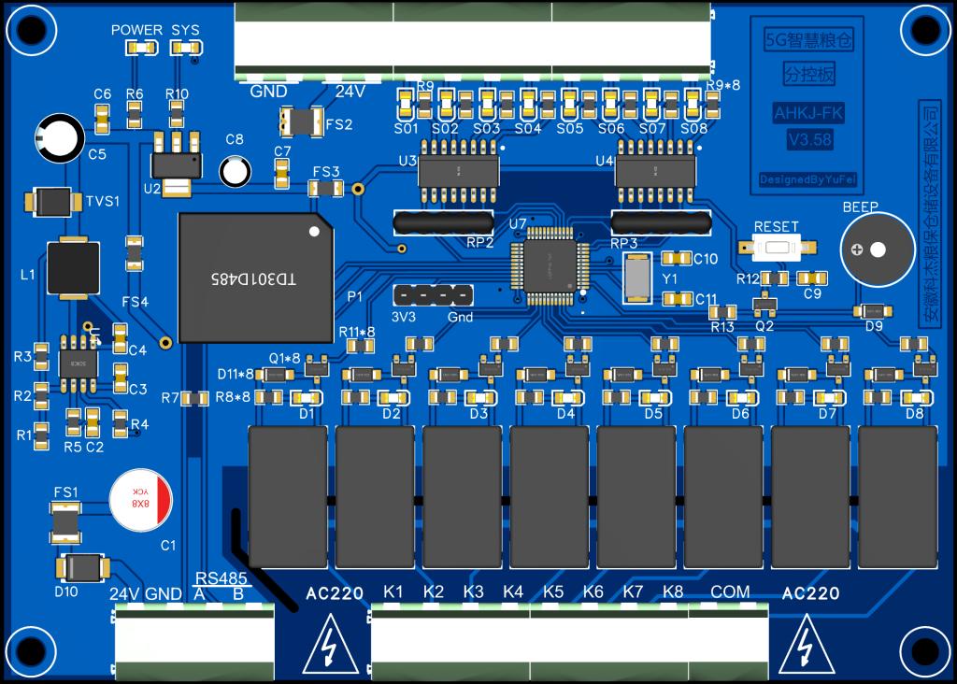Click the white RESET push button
coord(776,249)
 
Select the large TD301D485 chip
coord(255,278)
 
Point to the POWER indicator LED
coord(137,47)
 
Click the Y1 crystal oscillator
coord(637,278)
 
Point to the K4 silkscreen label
coord(513,592)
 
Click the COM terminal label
coord(730,592)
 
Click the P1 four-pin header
coord(433,295)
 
